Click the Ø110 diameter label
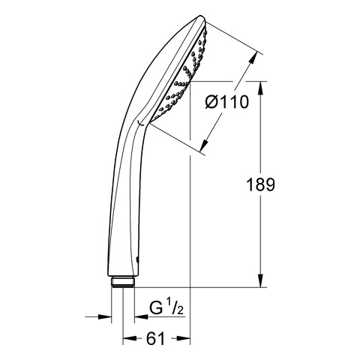click(x=227, y=102)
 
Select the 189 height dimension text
click(x=260, y=184)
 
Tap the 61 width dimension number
click(x=155, y=338)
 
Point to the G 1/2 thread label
click(x=166, y=307)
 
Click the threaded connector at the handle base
click(x=123, y=282)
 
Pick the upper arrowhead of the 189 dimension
click(x=260, y=88)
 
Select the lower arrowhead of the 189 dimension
click(x=260, y=280)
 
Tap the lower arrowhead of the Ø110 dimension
click(x=205, y=145)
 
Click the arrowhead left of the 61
click(x=130, y=338)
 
